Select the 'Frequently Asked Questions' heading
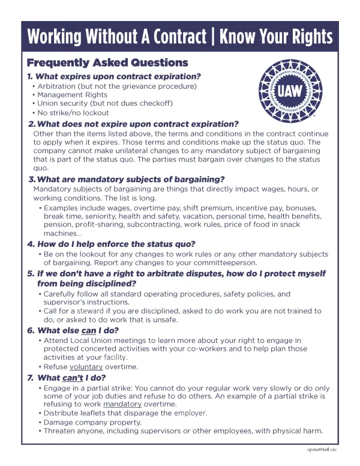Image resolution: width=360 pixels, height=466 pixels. [x=107, y=63]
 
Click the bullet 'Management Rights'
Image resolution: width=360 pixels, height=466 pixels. [x=73, y=95]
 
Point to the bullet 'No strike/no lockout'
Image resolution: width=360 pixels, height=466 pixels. [x=73, y=112]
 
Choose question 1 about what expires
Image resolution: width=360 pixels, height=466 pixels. [x=114, y=76]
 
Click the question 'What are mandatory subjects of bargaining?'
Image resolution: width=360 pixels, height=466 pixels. [x=127, y=179]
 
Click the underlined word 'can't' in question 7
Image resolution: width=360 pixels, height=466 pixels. [x=73, y=378]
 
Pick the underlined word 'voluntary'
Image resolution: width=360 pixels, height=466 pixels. [x=86, y=366]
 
